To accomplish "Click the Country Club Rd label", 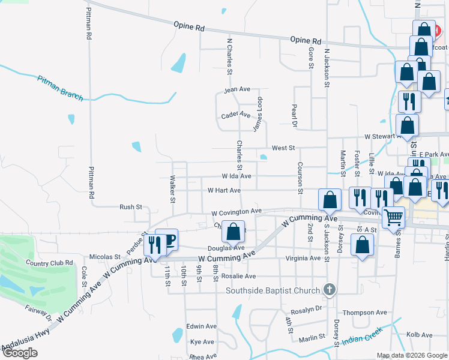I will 49,263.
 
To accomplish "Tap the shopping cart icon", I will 393,217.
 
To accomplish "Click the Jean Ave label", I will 237,89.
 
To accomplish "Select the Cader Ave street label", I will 235,115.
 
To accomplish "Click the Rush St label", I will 130,207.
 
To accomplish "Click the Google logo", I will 20,353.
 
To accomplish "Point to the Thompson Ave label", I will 364,313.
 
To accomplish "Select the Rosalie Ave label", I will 238,276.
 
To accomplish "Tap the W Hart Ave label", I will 224,190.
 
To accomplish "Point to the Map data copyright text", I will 411,355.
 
